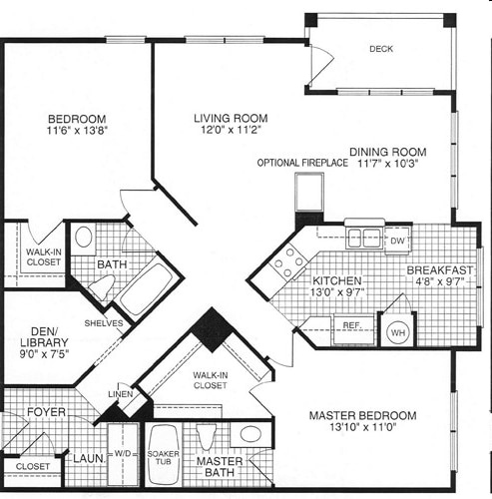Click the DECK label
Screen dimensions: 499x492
tap(380, 49)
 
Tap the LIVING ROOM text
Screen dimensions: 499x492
tap(231, 118)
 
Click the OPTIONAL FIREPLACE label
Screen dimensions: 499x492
tap(302, 163)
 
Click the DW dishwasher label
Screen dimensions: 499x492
tap(396, 241)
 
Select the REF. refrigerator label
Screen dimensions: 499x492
tap(351, 325)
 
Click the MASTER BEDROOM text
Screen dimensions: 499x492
tap(362, 415)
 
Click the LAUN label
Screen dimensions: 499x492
tap(87, 460)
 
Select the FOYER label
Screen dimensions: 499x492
tap(46, 412)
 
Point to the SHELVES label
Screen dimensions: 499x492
tap(104, 323)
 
